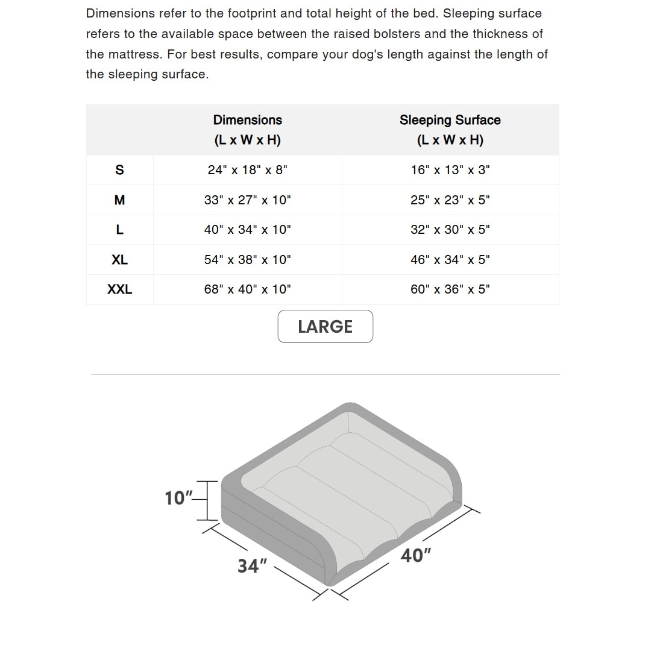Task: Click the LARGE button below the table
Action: [x=325, y=326]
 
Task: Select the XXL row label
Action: [x=119, y=289]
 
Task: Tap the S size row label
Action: [x=119, y=170]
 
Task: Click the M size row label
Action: [x=119, y=200]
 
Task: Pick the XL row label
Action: [x=119, y=260]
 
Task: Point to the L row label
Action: [x=119, y=230]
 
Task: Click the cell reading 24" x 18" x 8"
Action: [x=247, y=170]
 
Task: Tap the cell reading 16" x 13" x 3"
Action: [x=450, y=170]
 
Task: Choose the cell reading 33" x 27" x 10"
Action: [x=247, y=200]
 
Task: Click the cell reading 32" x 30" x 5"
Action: [x=450, y=230]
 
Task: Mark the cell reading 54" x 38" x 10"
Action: [x=247, y=260]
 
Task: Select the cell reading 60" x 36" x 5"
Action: [x=450, y=289]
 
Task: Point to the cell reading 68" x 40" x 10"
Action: [x=247, y=289]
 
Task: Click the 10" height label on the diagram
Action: [x=178, y=498]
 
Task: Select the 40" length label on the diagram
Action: [x=416, y=555]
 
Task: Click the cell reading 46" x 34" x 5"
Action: [x=450, y=260]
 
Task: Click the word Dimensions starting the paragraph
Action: [x=121, y=13]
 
